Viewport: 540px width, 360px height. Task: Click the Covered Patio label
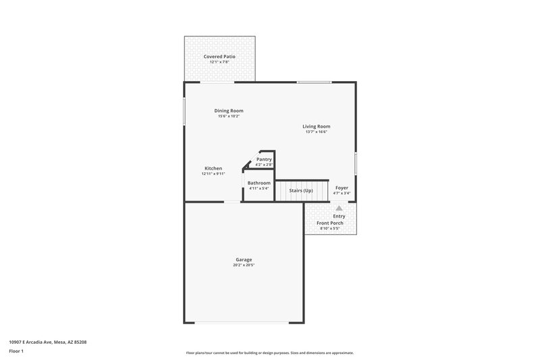[219, 56]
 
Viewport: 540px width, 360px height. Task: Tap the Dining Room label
[229, 111]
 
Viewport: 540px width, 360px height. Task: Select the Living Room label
[316, 126]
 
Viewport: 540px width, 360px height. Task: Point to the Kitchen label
[213, 168]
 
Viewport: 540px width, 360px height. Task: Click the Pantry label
[264, 159]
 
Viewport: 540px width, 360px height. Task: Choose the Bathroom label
[259, 183]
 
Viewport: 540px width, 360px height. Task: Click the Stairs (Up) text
[301, 190]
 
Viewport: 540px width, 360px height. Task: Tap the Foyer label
[342, 188]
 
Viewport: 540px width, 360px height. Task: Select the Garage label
[244, 259]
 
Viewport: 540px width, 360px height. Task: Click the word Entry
[339, 216]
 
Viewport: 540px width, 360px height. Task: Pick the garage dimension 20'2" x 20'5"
[244, 265]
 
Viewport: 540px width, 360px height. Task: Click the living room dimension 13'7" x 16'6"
[316, 132]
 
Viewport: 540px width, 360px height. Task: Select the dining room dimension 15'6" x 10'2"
[229, 116]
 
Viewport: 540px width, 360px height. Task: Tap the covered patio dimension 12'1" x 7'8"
[219, 62]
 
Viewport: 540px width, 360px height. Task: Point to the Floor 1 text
[17, 352]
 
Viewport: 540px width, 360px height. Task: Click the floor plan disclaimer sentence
[269, 353]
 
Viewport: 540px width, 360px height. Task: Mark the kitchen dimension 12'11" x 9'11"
[213, 174]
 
